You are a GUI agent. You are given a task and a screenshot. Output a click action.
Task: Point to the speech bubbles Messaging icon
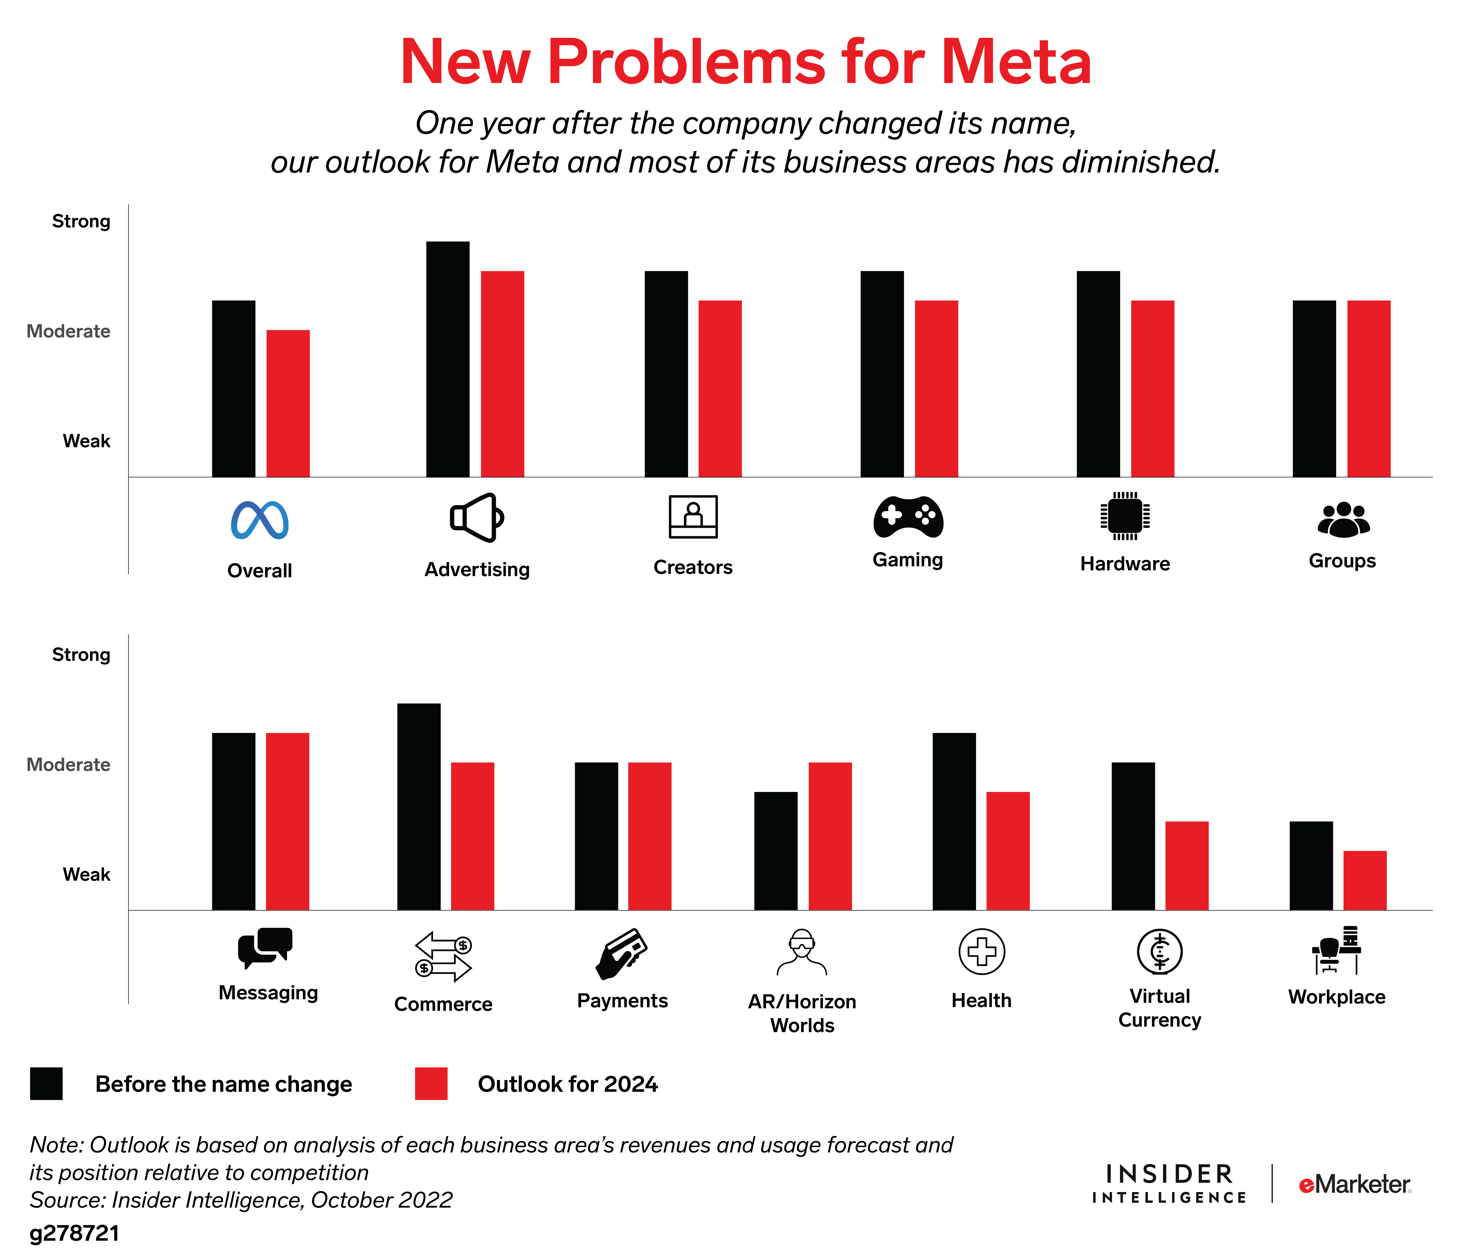265,947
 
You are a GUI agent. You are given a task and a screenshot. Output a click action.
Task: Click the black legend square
47,1084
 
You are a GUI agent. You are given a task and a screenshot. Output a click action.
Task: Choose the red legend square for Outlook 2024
431,1084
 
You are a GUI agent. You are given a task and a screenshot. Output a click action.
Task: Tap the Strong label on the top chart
81,221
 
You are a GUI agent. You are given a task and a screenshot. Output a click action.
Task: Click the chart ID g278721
74,1233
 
